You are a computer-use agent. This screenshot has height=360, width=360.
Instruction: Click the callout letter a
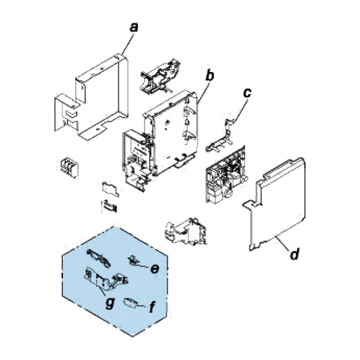(x=134, y=28)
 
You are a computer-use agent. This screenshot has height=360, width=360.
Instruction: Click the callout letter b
(x=209, y=76)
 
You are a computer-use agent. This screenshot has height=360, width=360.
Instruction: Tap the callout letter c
(x=247, y=93)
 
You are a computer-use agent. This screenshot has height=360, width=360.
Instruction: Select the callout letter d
(x=295, y=254)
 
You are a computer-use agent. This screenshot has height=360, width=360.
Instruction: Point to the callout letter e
(x=155, y=268)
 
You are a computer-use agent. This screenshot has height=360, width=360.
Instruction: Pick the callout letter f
(x=152, y=307)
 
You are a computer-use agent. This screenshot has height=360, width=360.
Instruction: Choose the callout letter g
(x=110, y=303)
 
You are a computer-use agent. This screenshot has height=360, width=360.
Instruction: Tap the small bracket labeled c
(x=220, y=138)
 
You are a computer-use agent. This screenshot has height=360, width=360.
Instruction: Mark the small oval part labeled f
(x=131, y=302)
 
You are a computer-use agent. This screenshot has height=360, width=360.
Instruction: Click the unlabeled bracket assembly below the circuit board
(x=186, y=232)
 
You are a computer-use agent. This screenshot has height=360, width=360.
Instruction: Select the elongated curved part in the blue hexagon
(x=98, y=258)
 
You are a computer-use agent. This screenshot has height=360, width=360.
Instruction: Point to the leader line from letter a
(x=128, y=44)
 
